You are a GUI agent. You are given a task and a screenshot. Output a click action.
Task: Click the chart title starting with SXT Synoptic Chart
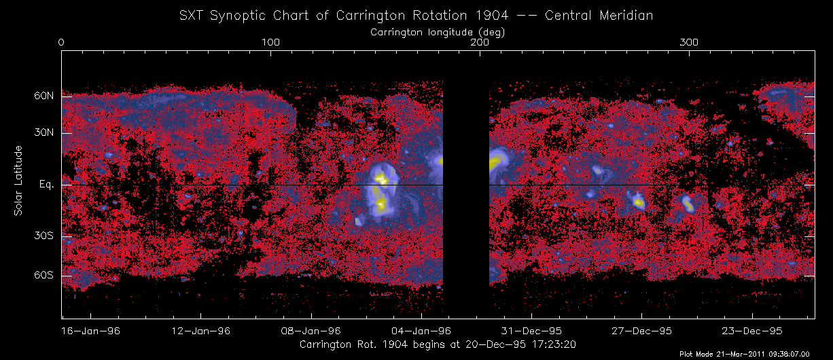[416, 16]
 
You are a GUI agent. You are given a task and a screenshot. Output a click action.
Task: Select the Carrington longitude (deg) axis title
[438, 31]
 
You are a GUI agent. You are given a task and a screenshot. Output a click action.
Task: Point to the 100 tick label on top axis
[271, 43]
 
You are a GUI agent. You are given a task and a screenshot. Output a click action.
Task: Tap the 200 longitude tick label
[480, 43]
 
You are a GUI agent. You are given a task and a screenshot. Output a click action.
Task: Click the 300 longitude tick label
[690, 43]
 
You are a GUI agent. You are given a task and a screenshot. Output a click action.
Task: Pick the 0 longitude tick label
[62, 43]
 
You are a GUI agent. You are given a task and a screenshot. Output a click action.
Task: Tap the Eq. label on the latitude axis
[46, 185]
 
